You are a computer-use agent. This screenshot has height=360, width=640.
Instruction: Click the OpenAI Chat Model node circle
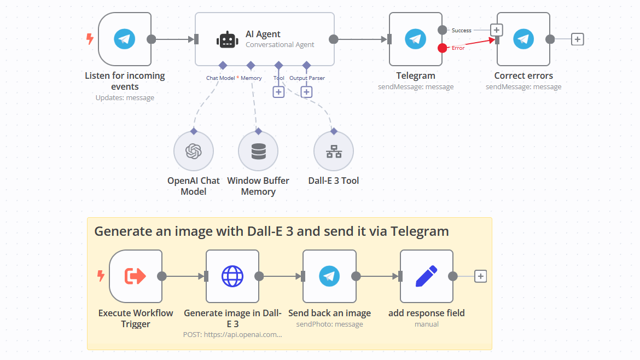(193, 151)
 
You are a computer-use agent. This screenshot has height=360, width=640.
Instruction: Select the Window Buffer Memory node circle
(258, 151)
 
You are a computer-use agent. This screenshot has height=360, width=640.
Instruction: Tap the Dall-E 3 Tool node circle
(334, 151)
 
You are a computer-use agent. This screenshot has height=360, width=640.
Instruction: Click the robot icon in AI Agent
(228, 39)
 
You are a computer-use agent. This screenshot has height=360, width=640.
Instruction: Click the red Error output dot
(442, 48)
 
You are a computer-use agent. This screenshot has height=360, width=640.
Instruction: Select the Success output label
(461, 31)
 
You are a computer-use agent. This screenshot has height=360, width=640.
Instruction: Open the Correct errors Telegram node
(523, 39)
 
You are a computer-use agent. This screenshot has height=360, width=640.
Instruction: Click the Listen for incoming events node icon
(125, 39)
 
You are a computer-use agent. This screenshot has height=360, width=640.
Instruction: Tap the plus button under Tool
(278, 92)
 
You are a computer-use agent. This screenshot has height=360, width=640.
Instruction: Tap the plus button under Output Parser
(306, 92)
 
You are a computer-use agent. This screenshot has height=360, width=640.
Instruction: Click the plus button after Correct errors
(577, 39)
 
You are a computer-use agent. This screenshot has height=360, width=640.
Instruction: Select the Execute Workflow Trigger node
(136, 276)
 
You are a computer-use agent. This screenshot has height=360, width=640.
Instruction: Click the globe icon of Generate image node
(232, 276)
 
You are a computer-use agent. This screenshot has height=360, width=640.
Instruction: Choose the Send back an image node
(329, 276)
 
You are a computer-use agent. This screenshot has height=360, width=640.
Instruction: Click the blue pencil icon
(426, 276)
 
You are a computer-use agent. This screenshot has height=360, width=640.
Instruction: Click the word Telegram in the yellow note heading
(420, 231)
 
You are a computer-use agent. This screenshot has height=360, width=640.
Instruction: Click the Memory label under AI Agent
(251, 78)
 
